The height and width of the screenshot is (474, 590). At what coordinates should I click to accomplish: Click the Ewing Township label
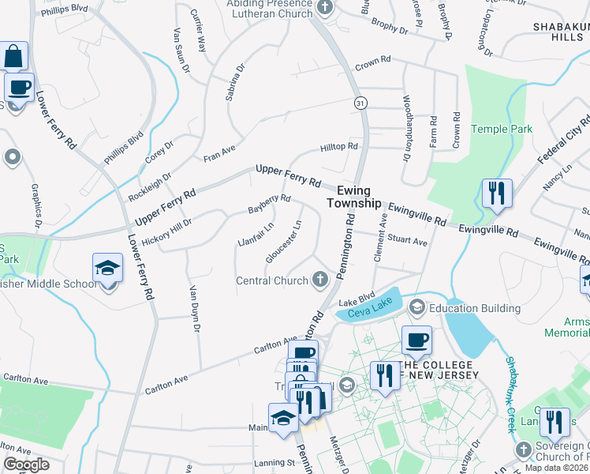click(x=360, y=197)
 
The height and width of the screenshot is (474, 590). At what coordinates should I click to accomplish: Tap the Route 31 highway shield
click(x=359, y=103)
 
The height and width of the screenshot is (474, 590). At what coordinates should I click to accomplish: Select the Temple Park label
click(x=502, y=129)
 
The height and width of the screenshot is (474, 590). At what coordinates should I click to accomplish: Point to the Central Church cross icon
click(x=320, y=279)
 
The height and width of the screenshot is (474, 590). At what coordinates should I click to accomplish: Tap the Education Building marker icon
click(x=416, y=307)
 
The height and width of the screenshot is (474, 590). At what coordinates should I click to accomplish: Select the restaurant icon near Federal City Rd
click(x=497, y=193)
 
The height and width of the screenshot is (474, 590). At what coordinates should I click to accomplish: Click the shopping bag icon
click(x=14, y=57)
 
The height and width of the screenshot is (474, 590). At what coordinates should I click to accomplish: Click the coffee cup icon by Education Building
click(x=417, y=340)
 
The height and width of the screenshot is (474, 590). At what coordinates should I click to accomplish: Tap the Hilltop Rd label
click(x=339, y=147)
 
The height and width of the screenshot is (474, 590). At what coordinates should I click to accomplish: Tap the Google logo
click(x=26, y=465)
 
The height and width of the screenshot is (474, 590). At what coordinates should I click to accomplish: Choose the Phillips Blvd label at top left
click(x=64, y=9)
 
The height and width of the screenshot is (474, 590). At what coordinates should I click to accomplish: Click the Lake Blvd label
click(x=356, y=301)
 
